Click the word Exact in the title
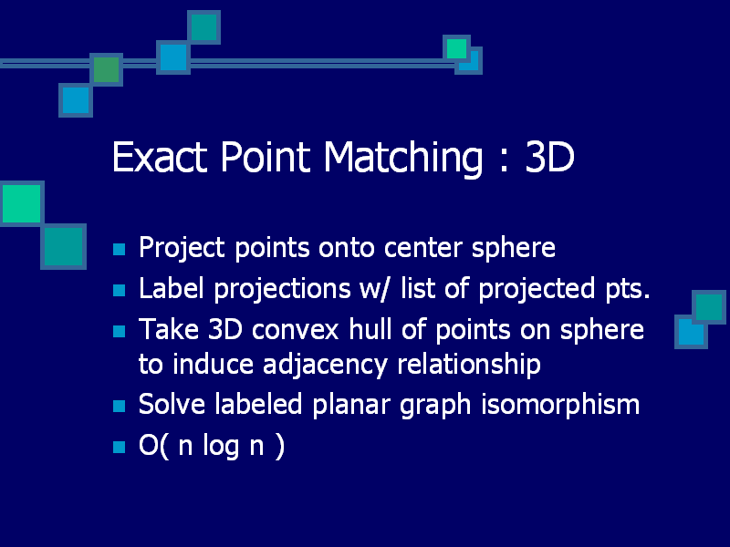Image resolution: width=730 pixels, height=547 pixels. pyautogui.click(x=160, y=157)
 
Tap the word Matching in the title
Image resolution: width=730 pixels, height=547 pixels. pyautogui.click(x=403, y=159)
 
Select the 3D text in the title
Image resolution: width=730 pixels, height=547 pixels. pyautogui.click(x=549, y=157)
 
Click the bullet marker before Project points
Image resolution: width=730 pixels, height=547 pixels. pyautogui.click(x=120, y=249)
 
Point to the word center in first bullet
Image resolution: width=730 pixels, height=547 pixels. pyautogui.click(x=422, y=247)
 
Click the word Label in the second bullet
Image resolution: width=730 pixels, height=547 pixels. pyautogui.click(x=172, y=288)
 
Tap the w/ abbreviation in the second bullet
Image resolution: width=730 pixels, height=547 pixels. pyautogui.click(x=373, y=288)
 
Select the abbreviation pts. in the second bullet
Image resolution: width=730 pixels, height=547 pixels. pyautogui.click(x=627, y=289)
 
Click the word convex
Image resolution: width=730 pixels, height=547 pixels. pyautogui.click(x=295, y=329)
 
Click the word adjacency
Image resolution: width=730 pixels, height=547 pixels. pyautogui.click(x=325, y=366)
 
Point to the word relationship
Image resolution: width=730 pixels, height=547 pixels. pyautogui.click(x=469, y=364)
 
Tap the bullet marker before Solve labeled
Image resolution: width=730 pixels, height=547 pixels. pyautogui.click(x=120, y=406)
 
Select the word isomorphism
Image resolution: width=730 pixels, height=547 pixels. pyautogui.click(x=560, y=404)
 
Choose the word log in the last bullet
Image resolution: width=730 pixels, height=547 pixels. pyautogui.click(x=221, y=446)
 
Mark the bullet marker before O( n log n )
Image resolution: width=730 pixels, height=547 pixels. pyautogui.click(x=120, y=447)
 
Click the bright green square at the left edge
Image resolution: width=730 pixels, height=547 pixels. pyautogui.click(x=21, y=203)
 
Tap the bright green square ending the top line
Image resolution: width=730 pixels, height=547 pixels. pyautogui.click(x=457, y=48)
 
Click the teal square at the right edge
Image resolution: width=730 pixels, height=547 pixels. pyautogui.click(x=709, y=307)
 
